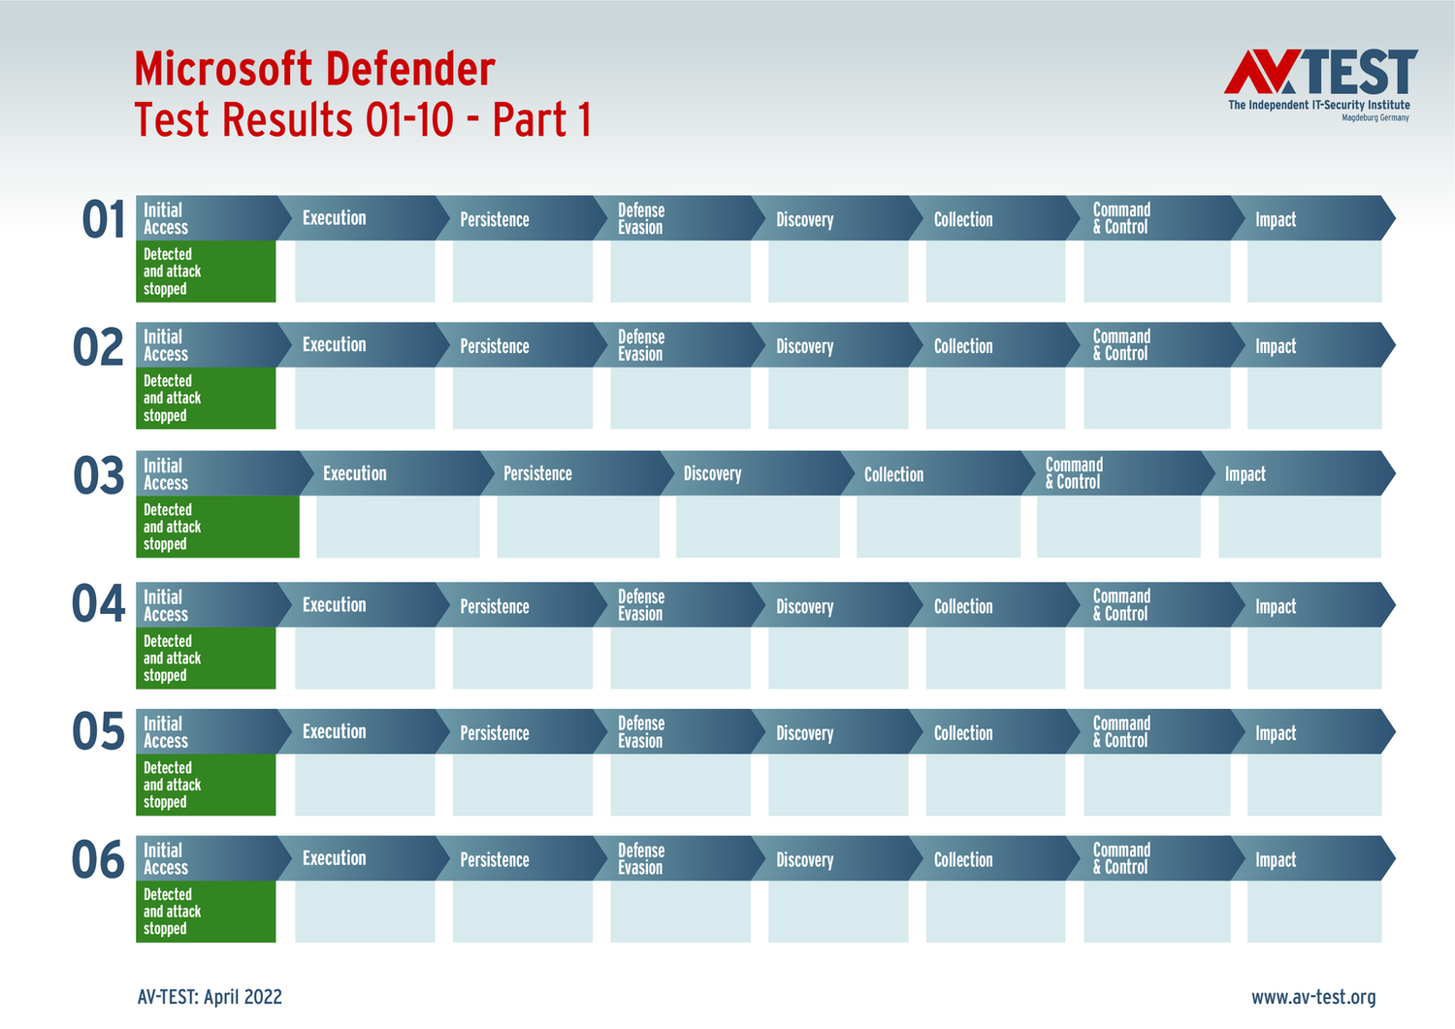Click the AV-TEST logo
[x=1319, y=83]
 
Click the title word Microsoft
[x=224, y=70]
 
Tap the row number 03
[x=99, y=476]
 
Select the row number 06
[x=99, y=860]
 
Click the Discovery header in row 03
[x=747, y=473]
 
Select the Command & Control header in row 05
[x=1145, y=732]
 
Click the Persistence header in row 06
[x=514, y=859]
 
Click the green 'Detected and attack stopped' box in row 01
[x=206, y=272]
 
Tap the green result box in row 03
[x=217, y=527]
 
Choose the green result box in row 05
[x=206, y=785]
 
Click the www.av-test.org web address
[x=1313, y=997]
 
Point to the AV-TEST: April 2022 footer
[x=210, y=997]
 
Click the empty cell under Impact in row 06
[x=1313, y=912]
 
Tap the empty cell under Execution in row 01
[x=365, y=272]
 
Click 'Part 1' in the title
[x=541, y=120]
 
